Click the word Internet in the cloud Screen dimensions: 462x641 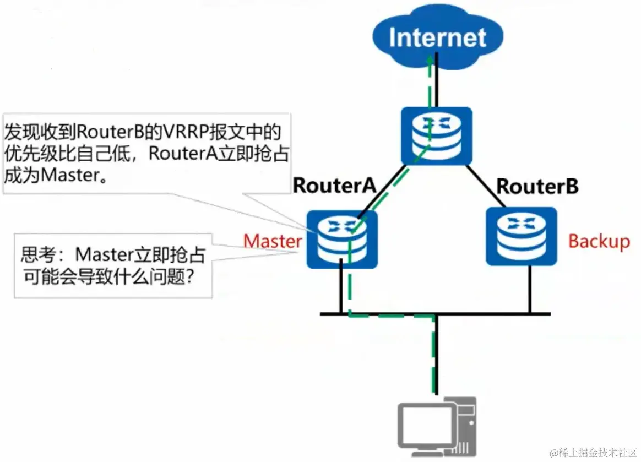click(x=438, y=37)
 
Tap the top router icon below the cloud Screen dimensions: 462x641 click(x=436, y=136)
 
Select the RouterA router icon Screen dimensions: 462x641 click(x=342, y=240)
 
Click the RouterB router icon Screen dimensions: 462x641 click(x=521, y=236)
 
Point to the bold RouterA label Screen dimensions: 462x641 click(x=334, y=186)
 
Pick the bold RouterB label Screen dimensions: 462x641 click(x=537, y=186)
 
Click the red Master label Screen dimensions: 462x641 click(x=273, y=241)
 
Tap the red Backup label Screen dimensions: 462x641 click(x=599, y=241)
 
